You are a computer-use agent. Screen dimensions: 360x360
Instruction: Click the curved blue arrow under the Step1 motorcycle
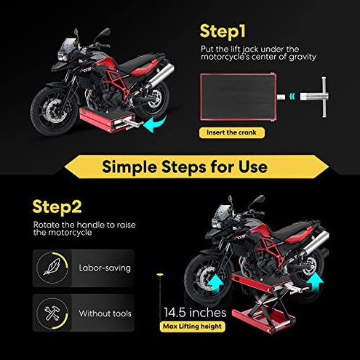coord(154,127)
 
